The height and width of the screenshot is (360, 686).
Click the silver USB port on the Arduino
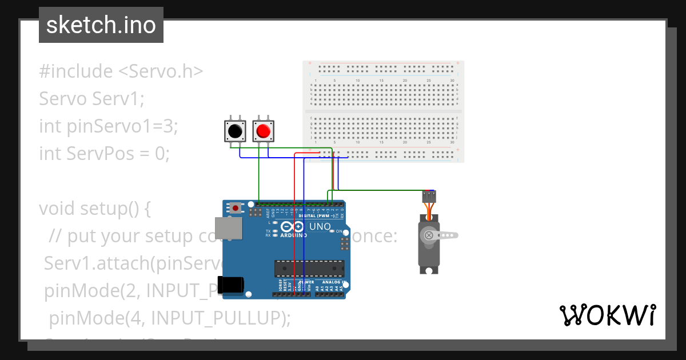point(232,228)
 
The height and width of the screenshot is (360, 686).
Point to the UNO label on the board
point(320,226)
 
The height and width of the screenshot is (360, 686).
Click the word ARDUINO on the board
point(292,234)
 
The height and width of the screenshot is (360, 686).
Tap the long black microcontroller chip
point(309,268)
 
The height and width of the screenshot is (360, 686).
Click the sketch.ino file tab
point(101,25)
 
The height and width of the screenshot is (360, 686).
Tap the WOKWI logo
point(608,315)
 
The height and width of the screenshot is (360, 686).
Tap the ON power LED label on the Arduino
point(338,231)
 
